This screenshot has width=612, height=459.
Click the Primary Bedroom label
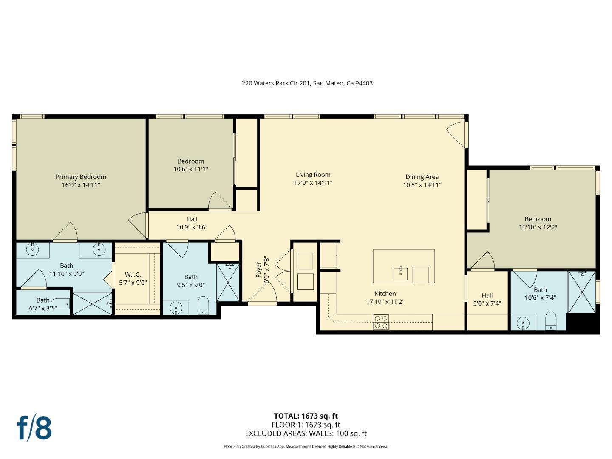81,177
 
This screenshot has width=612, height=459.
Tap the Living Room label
313,175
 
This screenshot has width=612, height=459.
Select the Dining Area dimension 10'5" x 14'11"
422,185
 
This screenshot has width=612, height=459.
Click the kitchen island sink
400,274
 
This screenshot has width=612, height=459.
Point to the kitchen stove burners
381,322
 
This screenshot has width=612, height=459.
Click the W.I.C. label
133,275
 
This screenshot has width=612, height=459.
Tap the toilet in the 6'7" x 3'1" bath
63,303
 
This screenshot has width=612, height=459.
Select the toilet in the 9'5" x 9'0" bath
204,305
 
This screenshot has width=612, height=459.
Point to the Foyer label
259,270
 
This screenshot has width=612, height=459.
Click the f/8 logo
34,428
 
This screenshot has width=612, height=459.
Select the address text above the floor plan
307,83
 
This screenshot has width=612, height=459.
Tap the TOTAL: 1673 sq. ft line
306,416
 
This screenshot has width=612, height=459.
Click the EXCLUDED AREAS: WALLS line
306,433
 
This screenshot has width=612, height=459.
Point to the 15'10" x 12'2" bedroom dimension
538,227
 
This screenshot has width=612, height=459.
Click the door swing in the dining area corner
456,133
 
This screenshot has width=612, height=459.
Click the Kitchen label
385,294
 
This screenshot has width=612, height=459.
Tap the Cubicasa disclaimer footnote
306,446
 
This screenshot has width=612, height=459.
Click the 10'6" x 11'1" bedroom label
190,161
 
